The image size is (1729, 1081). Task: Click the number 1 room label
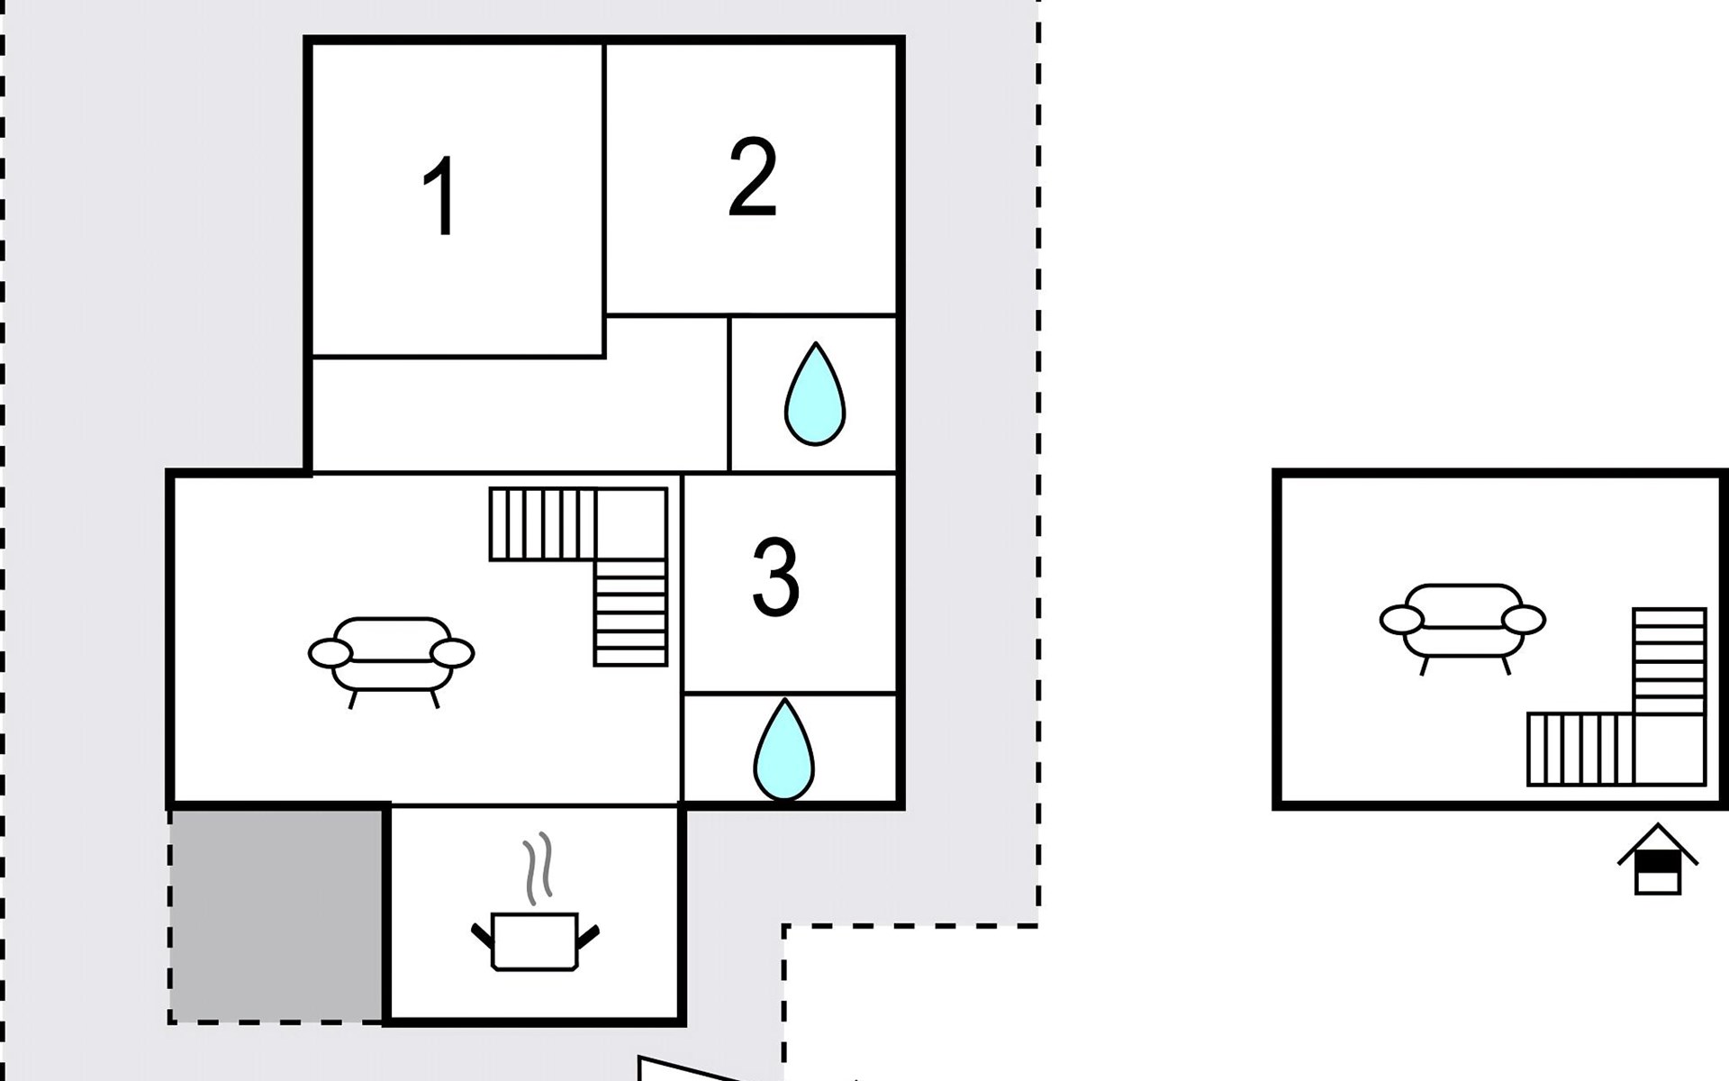tap(439, 197)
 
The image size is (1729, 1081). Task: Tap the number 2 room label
tap(752, 177)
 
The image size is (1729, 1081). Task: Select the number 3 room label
tap(775, 577)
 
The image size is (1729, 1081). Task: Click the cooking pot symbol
tap(534, 941)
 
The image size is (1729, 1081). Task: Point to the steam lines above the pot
tap(538, 868)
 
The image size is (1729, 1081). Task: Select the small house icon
tap(1658, 859)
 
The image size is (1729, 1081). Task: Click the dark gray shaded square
tap(276, 914)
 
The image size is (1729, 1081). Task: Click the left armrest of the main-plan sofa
tap(330, 654)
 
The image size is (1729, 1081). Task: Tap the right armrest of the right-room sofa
tap(1524, 620)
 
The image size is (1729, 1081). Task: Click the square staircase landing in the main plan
tap(630, 524)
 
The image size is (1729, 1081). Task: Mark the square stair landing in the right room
tap(1670, 749)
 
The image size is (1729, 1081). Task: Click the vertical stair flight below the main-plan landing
tap(630, 613)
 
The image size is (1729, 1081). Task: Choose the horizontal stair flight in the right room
tap(1580, 749)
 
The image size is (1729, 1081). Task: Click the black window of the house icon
tap(1658, 864)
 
